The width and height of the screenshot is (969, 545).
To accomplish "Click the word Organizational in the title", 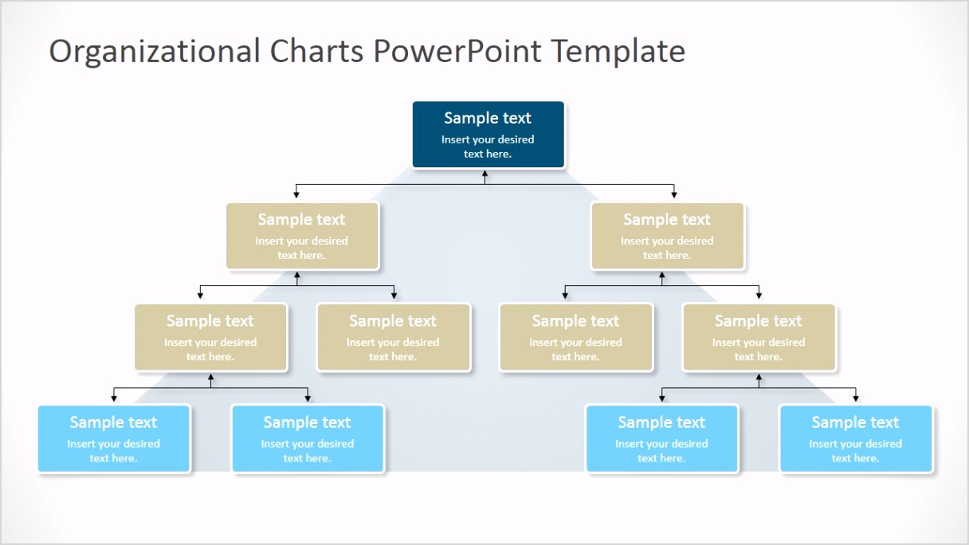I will pyautogui.click(x=155, y=52).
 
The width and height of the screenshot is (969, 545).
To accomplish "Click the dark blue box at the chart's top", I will pyautogui.click(x=488, y=135).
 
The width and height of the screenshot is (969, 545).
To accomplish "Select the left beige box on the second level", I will pyautogui.click(x=302, y=236).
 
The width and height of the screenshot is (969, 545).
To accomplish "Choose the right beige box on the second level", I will pyautogui.click(x=667, y=236).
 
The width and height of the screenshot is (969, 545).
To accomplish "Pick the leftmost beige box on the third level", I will pyautogui.click(x=210, y=337).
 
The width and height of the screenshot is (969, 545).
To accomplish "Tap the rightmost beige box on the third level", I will pyautogui.click(x=759, y=337).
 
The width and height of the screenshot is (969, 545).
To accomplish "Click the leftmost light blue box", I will pyautogui.click(x=114, y=439).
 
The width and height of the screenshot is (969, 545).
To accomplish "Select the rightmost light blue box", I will pyautogui.click(x=855, y=439).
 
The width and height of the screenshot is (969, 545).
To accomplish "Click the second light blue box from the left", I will pyautogui.click(x=308, y=439).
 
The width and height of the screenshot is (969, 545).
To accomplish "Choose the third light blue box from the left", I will pyautogui.click(x=661, y=439).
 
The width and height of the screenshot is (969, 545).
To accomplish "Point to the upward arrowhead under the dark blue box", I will pyautogui.click(x=484, y=172).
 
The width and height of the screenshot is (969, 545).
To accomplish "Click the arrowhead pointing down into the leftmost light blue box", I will pyautogui.click(x=114, y=398).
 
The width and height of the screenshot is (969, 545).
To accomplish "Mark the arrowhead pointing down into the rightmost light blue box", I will pyautogui.click(x=855, y=398).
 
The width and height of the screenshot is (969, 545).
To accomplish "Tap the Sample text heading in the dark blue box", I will pyautogui.click(x=488, y=118).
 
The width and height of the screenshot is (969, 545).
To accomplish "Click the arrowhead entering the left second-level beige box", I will pyautogui.click(x=296, y=194).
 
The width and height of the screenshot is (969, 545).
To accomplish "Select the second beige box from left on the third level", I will pyautogui.click(x=393, y=337).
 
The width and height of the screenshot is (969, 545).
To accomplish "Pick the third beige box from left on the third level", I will pyautogui.click(x=575, y=337).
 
